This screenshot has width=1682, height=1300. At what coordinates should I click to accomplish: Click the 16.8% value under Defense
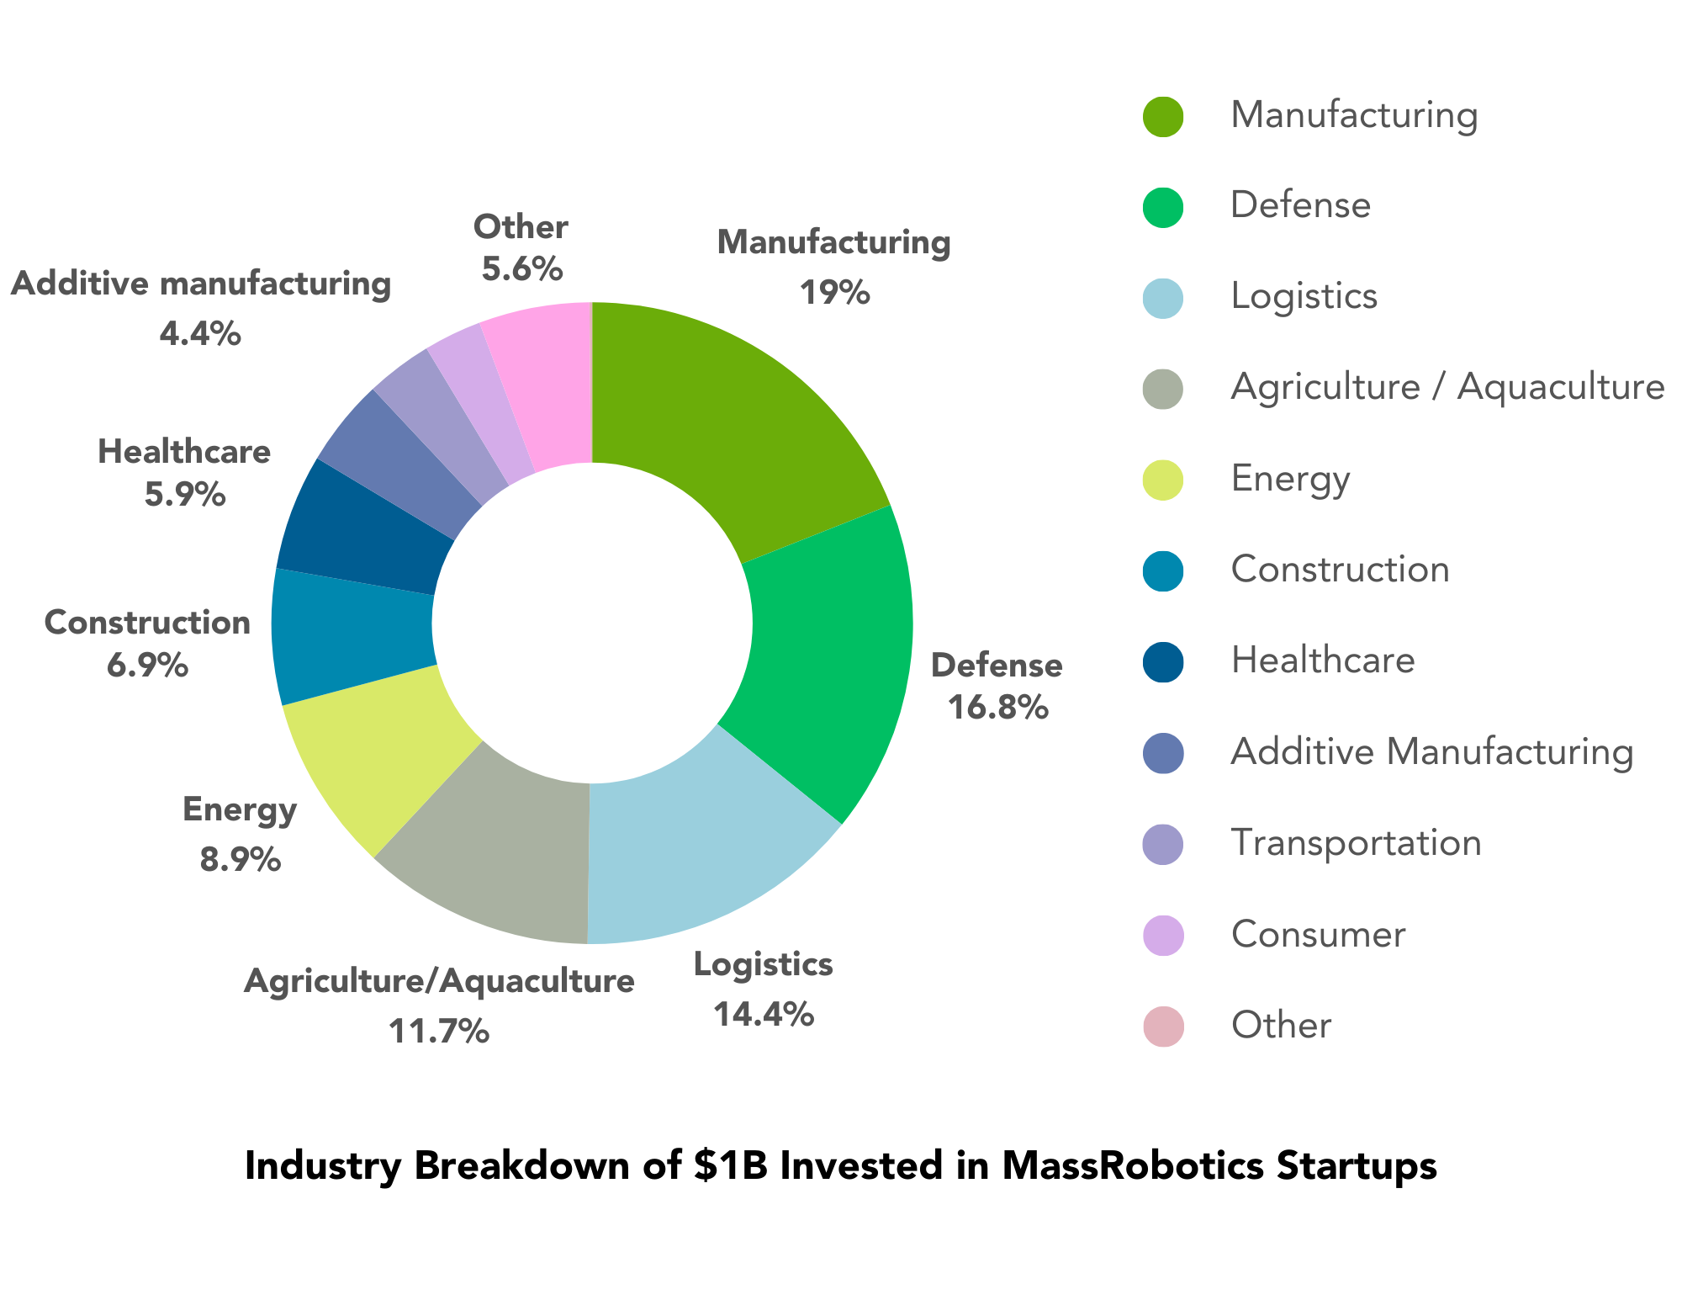tap(997, 708)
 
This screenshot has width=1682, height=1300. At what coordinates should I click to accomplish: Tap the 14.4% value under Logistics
tap(763, 1014)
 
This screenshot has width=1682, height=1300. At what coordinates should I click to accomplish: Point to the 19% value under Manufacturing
tap(833, 293)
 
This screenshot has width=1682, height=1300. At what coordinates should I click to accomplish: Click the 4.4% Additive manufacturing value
tap(200, 335)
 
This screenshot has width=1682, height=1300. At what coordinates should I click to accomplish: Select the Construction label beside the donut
tap(147, 623)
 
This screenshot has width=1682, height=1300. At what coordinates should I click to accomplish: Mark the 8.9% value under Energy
tap(240, 860)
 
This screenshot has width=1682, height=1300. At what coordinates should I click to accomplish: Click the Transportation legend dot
tap(1163, 843)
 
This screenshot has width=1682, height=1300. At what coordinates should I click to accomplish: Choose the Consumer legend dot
tap(1163, 934)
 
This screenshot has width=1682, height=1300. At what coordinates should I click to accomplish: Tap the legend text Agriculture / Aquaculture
tap(1447, 387)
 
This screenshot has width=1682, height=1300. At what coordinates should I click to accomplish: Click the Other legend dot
tap(1163, 1026)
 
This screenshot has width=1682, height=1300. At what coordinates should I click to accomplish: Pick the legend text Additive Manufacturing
tap(1431, 751)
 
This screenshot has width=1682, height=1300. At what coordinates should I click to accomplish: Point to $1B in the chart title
tap(731, 1166)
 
